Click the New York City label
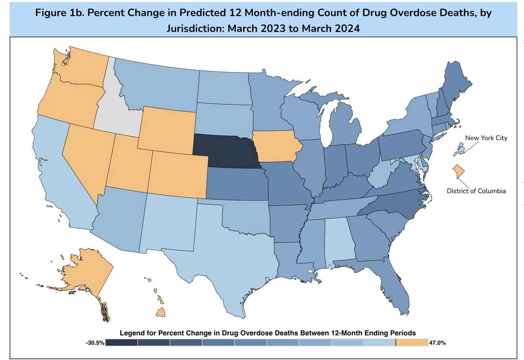(x=486, y=138)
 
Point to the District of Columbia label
(x=476, y=191)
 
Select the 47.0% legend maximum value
(x=437, y=343)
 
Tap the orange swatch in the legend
(x=412, y=343)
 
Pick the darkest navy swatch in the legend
(x=122, y=343)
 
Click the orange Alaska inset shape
(x=87, y=273)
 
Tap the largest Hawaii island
(x=161, y=313)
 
